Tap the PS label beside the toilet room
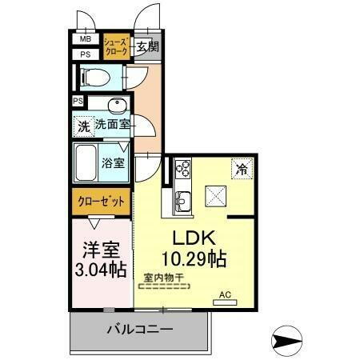85,54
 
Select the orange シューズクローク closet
115,47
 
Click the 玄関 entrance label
146,46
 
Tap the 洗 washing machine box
84,126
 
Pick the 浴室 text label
113,163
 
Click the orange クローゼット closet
101,201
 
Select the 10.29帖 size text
194,259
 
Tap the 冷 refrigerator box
240,169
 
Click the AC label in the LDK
226,295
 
